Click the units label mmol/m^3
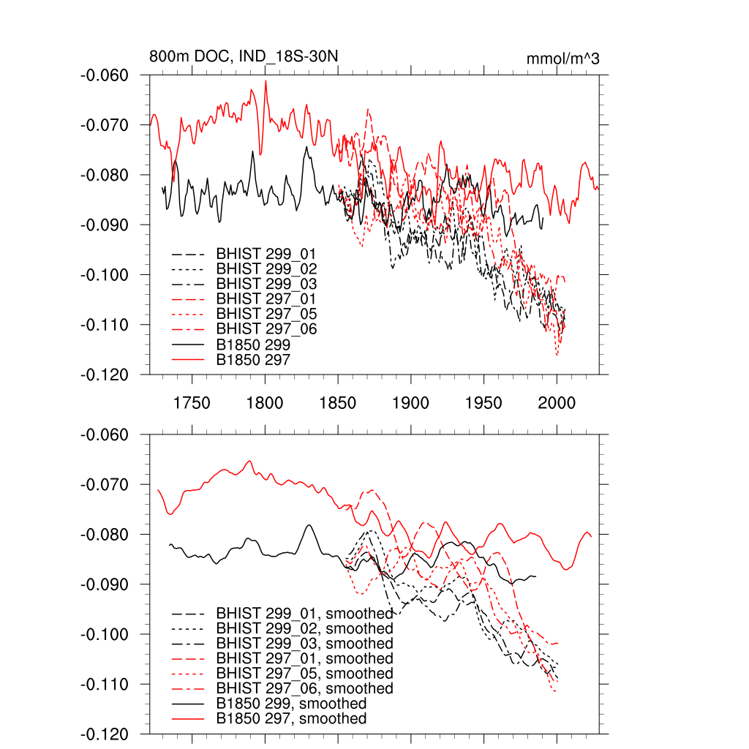[x=562, y=59]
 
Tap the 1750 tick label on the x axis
[x=192, y=403]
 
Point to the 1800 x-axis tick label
[x=265, y=403]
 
